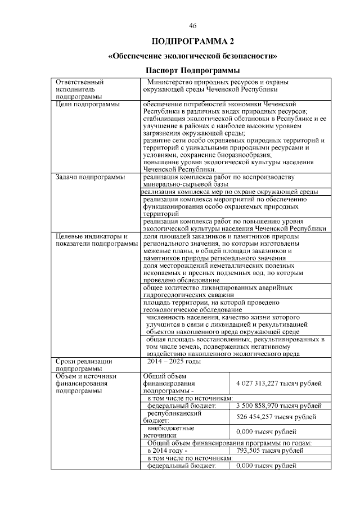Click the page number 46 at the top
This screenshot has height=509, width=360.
pyautogui.click(x=193, y=26)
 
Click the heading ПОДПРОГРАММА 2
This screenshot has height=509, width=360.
pyautogui.click(x=193, y=42)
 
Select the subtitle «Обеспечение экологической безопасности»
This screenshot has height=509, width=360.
pyautogui.click(x=193, y=57)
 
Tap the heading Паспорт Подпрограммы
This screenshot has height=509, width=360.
pyautogui.click(x=193, y=71)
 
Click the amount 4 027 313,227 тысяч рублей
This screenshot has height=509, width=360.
pyautogui.click(x=279, y=383)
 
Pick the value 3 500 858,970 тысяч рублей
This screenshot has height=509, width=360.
pyautogui.click(x=279, y=405)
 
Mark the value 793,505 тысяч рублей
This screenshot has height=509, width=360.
pyautogui.click(x=267, y=451)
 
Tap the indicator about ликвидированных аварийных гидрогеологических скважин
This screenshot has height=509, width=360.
pyautogui.click(x=217, y=291)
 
